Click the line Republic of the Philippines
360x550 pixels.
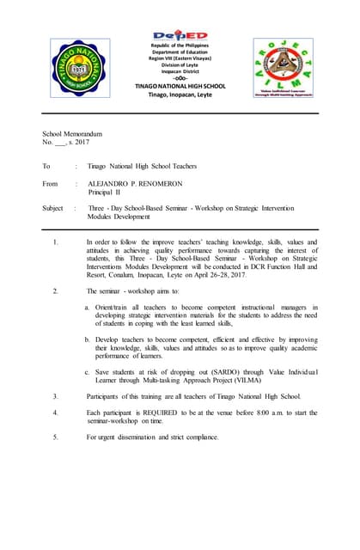[x=180, y=46]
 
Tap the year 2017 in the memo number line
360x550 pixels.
[x=89, y=142]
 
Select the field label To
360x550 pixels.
[x=46, y=166]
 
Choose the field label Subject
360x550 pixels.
[x=53, y=208]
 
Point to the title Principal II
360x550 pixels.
[x=107, y=192]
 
